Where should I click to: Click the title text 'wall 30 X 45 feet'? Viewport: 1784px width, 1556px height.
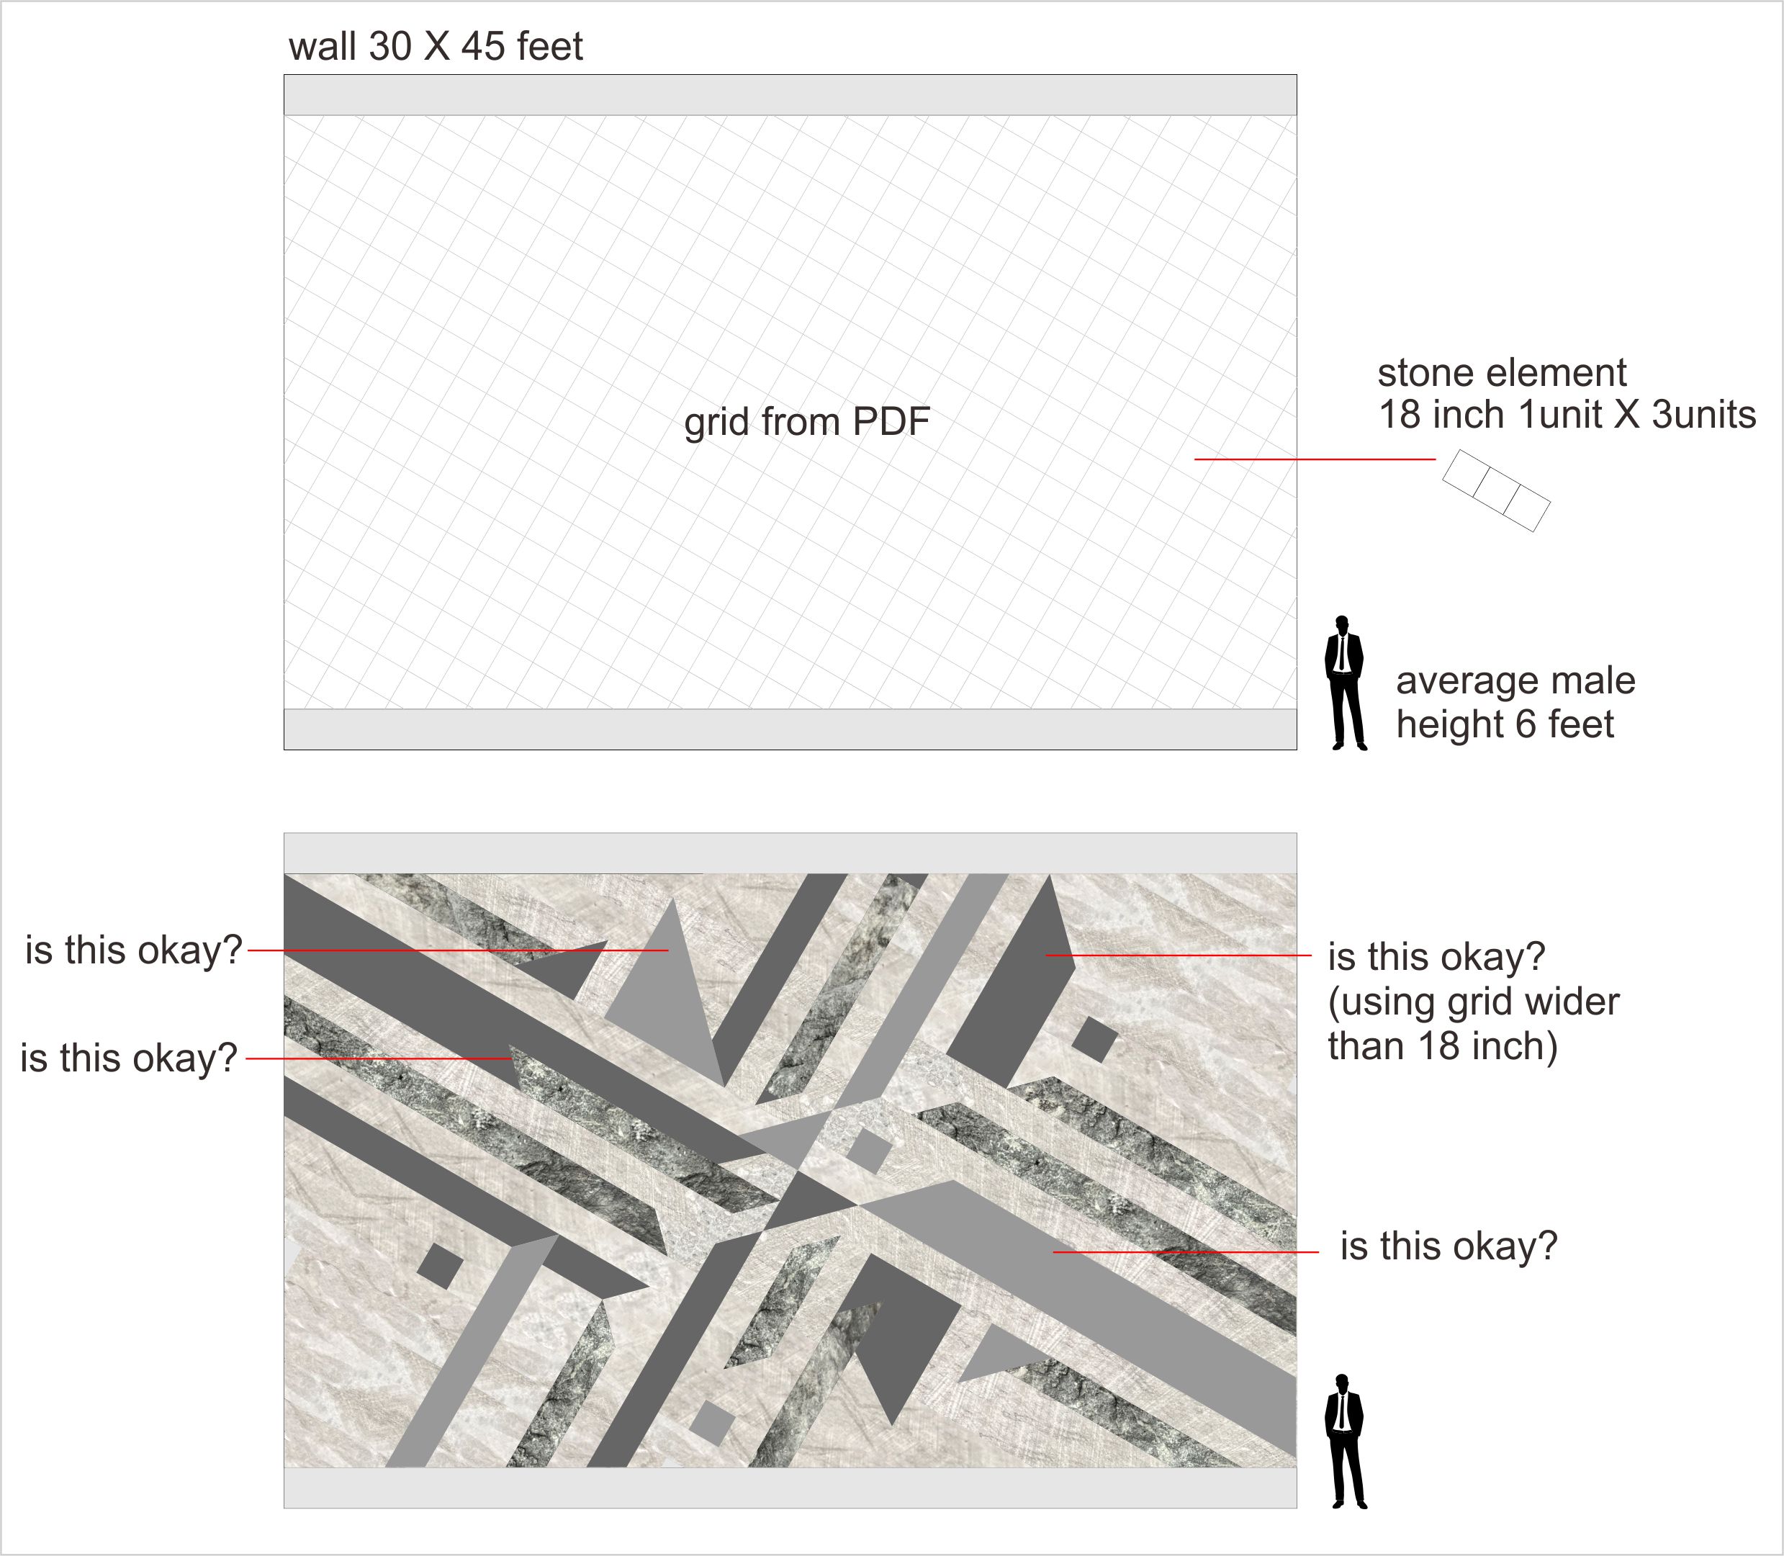click(x=435, y=46)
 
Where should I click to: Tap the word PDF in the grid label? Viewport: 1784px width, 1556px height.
click(x=891, y=422)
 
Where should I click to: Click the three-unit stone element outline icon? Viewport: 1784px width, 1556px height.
click(x=1496, y=490)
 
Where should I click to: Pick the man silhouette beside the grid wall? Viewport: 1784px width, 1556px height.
click(x=1345, y=683)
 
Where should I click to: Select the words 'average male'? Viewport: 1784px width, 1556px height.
click(x=1515, y=680)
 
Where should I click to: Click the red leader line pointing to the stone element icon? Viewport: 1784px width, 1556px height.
click(x=1315, y=459)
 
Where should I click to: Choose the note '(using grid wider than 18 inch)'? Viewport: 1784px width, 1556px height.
click(x=1473, y=1024)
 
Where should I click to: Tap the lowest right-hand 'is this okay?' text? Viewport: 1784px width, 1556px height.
click(x=1448, y=1246)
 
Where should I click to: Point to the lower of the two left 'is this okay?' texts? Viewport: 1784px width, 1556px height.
click(x=128, y=1058)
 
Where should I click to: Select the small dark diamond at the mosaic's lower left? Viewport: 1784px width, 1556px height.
click(x=440, y=1266)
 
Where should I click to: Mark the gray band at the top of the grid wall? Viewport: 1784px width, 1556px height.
click(x=790, y=94)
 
